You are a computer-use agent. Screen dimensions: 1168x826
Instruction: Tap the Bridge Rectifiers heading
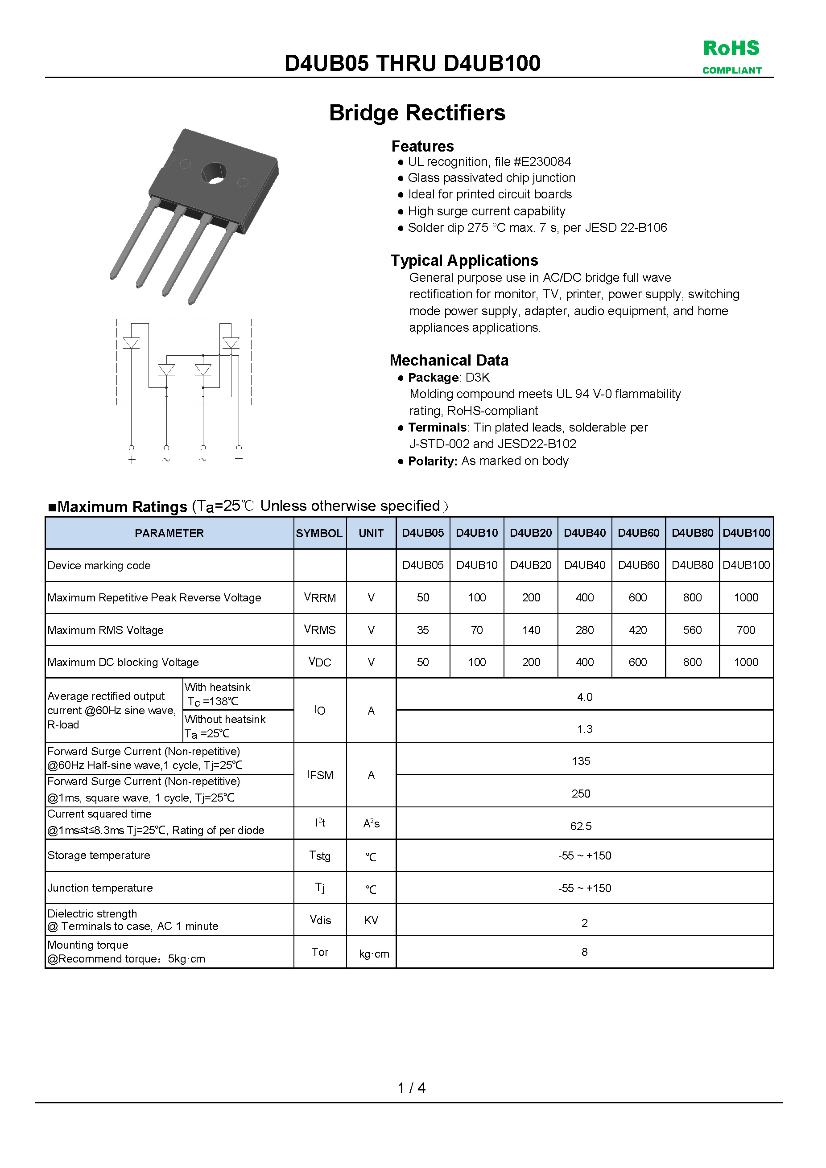(417, 113)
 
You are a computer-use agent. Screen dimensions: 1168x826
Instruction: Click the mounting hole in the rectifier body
(214, 173)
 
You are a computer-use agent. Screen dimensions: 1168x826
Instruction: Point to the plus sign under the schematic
(132, 460)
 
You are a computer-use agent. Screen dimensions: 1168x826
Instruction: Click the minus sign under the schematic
(239, 459)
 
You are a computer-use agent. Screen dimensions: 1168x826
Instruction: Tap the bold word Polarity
(432, 461)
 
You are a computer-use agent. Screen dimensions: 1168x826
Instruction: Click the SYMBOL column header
(319, 533)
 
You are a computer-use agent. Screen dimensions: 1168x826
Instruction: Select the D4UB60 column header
(638, 533)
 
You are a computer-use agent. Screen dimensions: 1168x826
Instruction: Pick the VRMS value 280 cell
(584, 630)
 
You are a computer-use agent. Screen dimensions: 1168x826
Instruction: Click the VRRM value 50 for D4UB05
(422, 597)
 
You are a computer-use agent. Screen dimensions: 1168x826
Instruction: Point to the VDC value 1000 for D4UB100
(746, 662)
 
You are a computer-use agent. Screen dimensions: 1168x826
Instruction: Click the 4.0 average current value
(584, 697)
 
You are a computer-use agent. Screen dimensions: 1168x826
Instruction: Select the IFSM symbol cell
(320, 775)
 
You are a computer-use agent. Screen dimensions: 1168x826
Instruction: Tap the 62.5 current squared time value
(581, 826)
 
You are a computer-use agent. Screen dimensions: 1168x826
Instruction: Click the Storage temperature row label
(99, 855)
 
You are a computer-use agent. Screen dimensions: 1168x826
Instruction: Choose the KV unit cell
(371, 920)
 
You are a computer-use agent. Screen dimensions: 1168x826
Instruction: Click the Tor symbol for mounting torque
(320, 952)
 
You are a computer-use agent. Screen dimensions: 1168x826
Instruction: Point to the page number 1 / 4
(411, 1088)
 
